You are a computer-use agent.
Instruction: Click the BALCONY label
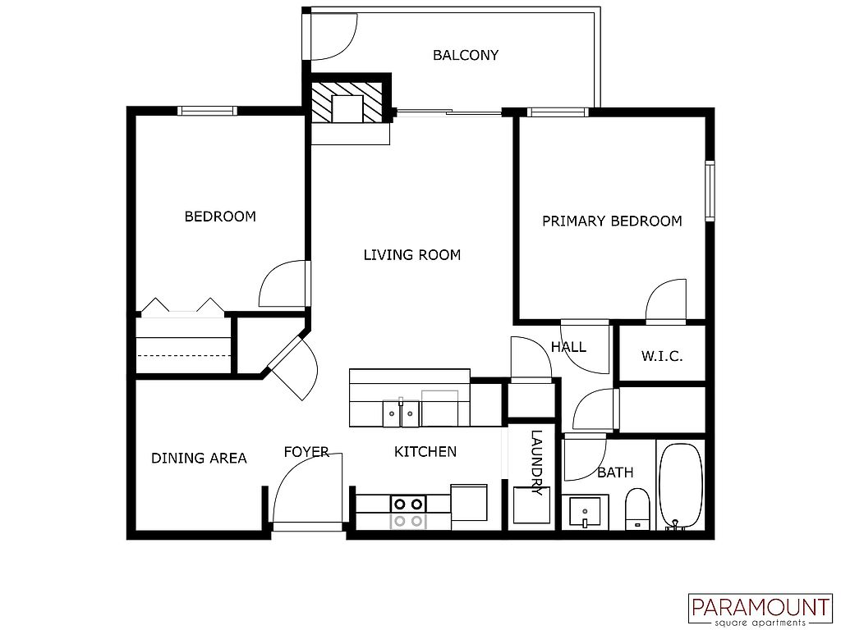(466, 56)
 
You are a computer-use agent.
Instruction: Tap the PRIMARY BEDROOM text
(612, 221)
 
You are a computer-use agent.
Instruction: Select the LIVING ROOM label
(411, 255)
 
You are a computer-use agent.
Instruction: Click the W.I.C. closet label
(661, 357)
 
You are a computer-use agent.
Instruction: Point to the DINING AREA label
(199, 458)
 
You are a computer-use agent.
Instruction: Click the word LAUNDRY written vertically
(536, 463)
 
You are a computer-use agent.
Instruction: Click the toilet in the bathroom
(637, 509)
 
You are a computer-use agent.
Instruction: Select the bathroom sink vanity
(586, 512)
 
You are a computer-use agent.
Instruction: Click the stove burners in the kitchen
(407, 512)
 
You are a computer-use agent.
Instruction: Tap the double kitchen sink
(401, 413)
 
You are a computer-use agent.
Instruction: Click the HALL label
(568, 347)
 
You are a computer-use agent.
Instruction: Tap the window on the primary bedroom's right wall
(710, 191)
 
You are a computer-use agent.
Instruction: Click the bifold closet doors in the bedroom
(182, 307)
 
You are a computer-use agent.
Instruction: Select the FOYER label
(306, 452)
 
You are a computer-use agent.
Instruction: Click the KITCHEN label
(425, 452)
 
